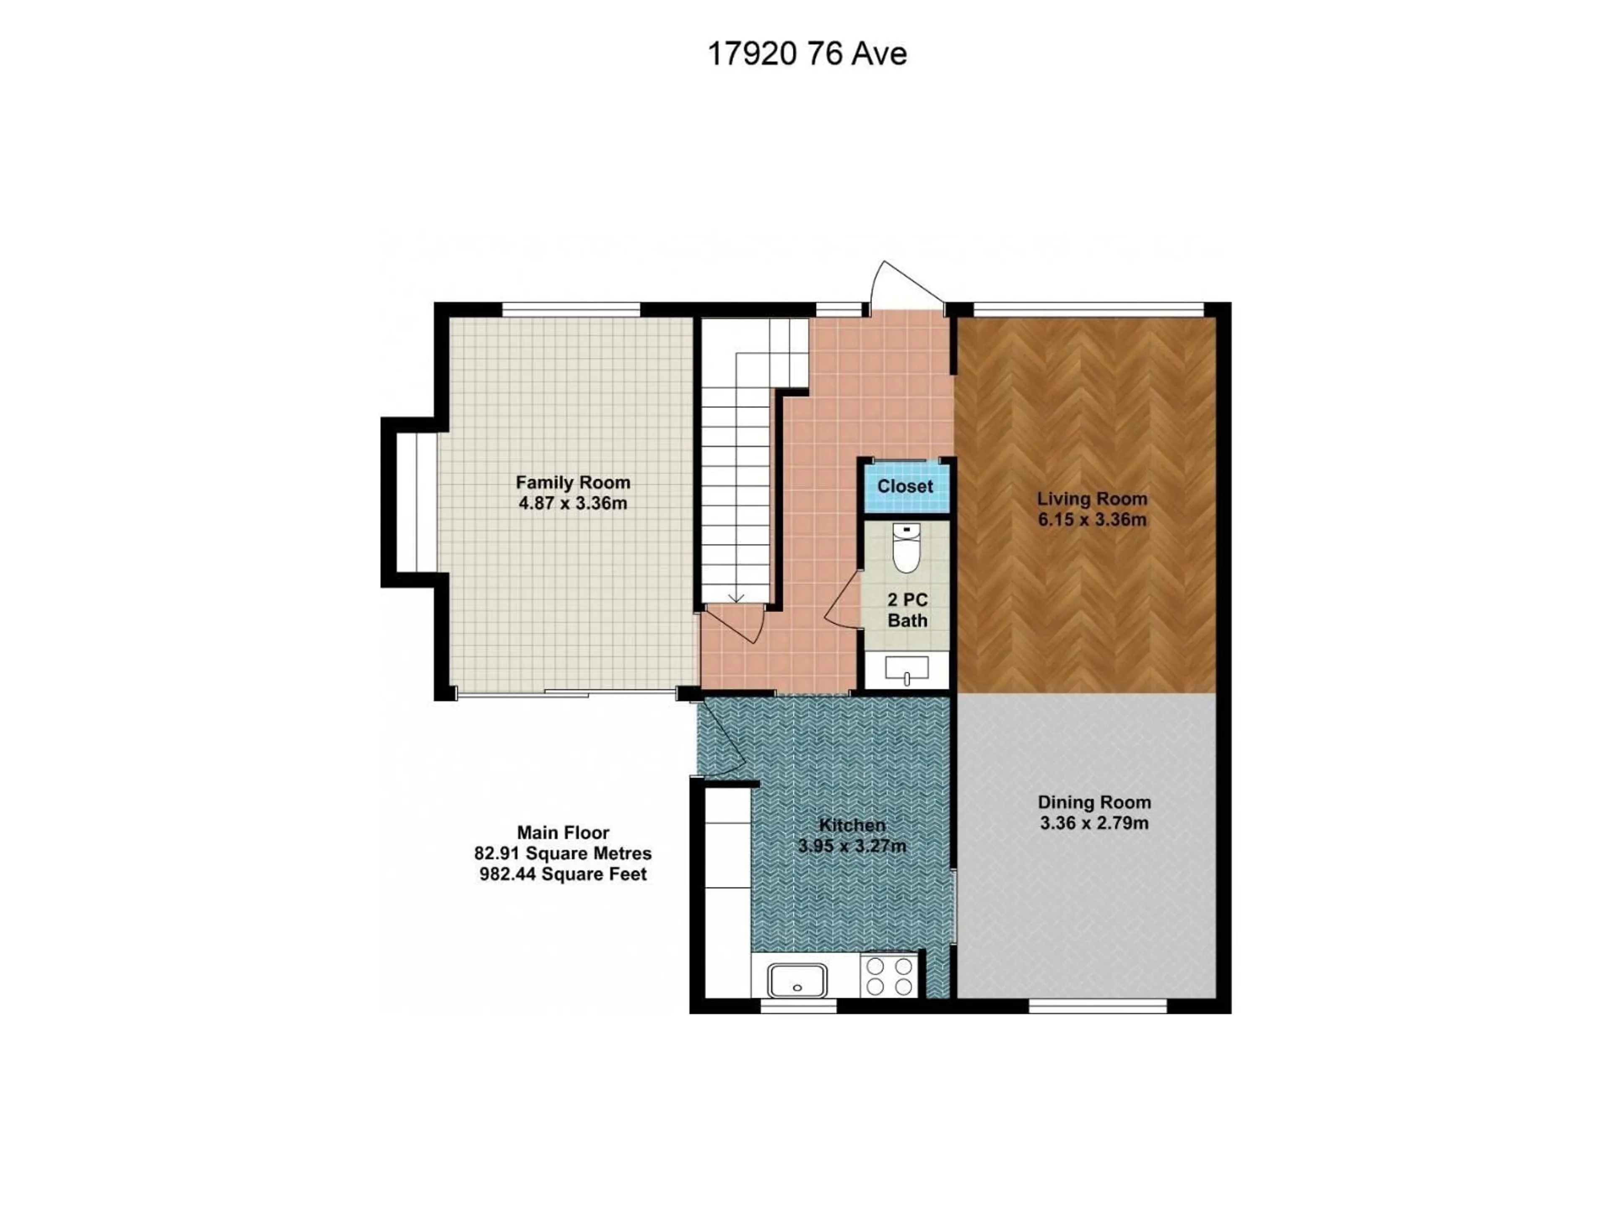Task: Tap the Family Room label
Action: [573, 482]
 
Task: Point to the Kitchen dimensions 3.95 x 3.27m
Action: [852, 846]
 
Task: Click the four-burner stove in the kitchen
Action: [889, 976]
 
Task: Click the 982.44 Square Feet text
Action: [563, 874]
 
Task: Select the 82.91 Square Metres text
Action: [563, 853]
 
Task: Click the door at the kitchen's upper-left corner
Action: [719, 736]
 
